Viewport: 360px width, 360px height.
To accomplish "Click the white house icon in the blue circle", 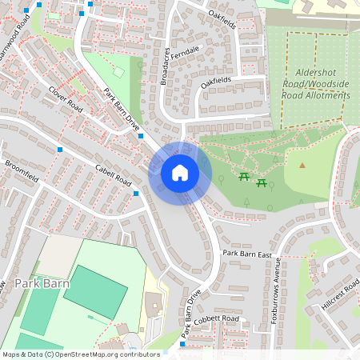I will pyautogui.click(x=180, y=172).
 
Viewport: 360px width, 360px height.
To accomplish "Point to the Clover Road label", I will pyautogui.click(x=66, y=98).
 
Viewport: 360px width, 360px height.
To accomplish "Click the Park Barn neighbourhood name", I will pyautogui.click(x=42, y=283).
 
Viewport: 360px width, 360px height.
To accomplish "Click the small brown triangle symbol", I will pyautogui.click(x=302, y=166).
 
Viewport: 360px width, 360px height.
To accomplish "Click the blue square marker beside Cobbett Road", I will pyautogui.click(x=182, y=344).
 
